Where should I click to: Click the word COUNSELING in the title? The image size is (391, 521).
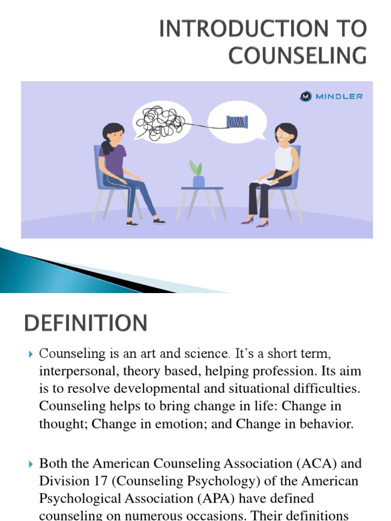click(297, 54)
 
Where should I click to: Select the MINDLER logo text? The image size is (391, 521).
click(338, 96)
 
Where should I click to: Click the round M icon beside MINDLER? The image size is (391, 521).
click(305, 96)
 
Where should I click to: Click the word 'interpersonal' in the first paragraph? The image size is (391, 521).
click(76, 371)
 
